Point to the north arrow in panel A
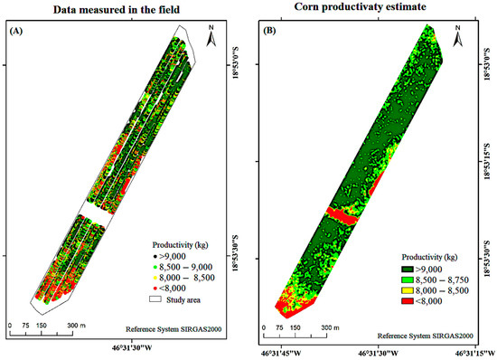pos(208,38)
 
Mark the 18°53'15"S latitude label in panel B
pos(485,163)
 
